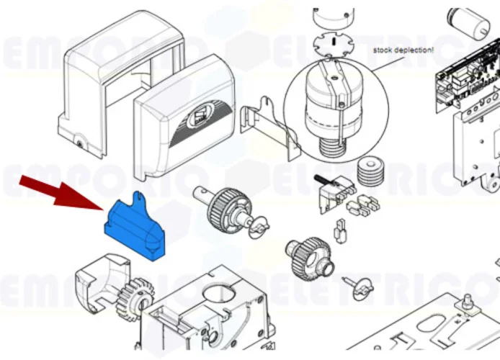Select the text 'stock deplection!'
click(x=403, y=50)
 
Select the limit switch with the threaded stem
click(x=332, y=190)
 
